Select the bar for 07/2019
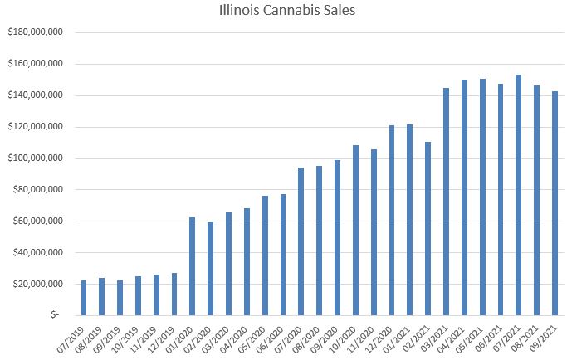pyautogui.click(x=84, y=298)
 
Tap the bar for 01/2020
pyautogui.click(x=193, y=266)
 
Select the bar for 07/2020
pyautogui.click(x=301, y=241)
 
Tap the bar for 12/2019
pyautogui.click(x=174, y=294)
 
